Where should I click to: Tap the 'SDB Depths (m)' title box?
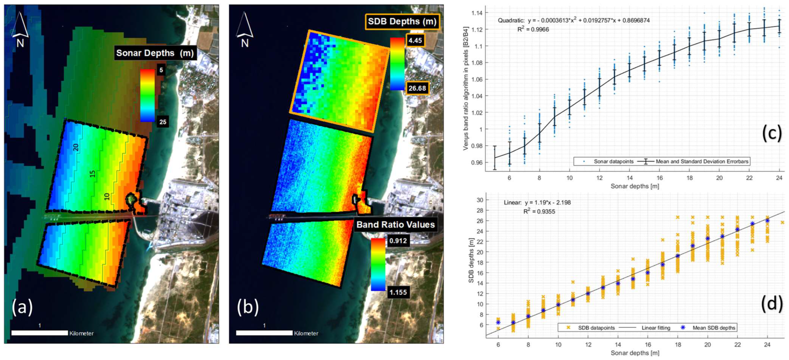pos(402,21)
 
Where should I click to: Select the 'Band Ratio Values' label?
pos(395,225)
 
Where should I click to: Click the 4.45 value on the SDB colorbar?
pos(415,40)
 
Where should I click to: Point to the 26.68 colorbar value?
pos(417,88)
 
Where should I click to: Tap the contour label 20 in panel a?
pos(76,147)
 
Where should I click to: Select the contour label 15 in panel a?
pos(92,174)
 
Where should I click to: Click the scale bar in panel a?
pos(40,333)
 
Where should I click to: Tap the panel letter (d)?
pos(772,303)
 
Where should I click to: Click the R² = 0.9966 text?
pos(533,30)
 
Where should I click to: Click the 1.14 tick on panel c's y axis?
pos(477,13)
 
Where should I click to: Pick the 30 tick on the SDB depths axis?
pos(480,200)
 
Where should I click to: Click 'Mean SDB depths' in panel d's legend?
pos(714,328)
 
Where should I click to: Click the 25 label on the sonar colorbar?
pos(163,122)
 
